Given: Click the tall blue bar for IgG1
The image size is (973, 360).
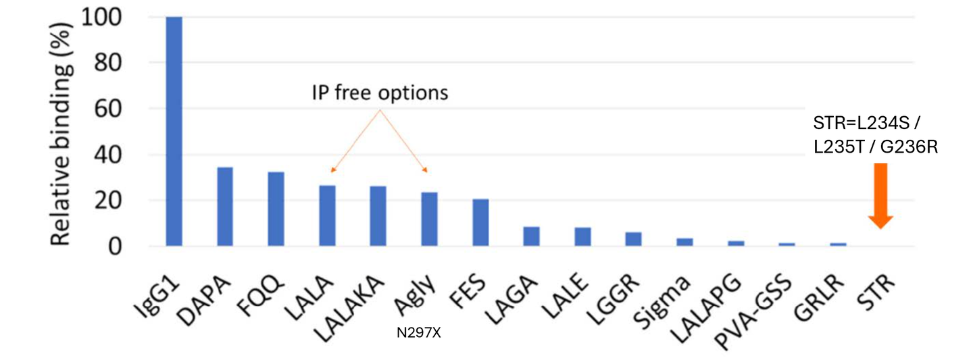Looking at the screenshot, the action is pos(174,132).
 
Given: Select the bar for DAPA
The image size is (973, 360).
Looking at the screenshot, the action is pos(225,207).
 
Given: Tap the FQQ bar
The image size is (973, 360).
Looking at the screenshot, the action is pos(276,209).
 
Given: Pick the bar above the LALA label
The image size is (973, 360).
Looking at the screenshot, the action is pos(327,216).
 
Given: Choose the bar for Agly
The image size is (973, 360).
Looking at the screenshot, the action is pos(429,220).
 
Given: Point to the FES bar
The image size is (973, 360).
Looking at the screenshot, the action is pos(480,223).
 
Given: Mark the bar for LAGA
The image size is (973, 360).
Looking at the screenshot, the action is pos(531,236).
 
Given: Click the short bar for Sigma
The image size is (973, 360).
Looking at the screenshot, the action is pos(684,242).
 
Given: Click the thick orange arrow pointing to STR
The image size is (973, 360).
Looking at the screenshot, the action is pos(880,196).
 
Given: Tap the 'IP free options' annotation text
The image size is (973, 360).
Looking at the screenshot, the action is pos(380,93).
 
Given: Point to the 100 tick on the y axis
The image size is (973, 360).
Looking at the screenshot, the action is pos(101,18).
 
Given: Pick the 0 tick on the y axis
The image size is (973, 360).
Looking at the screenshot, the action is pos(115,247).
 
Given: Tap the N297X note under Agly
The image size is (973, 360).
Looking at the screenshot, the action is pos(419,333).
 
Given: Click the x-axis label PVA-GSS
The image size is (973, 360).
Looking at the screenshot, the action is pos(752,311).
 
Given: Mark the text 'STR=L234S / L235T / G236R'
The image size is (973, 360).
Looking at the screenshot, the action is pos(875,136).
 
